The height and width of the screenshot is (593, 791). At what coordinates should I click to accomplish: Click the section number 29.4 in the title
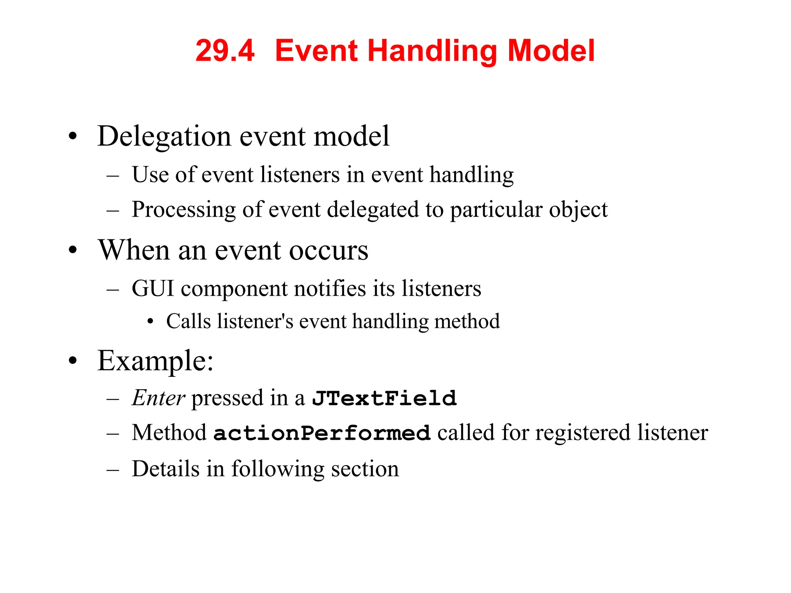coord(225,51)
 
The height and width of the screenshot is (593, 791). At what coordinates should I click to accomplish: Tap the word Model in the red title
coord(551,51)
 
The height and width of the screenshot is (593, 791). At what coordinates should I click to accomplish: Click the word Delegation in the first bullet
coord(164,137)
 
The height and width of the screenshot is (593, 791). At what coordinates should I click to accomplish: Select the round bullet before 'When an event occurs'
coord(73,250)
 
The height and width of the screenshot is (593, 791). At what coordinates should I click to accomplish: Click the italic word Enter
coord(158,398)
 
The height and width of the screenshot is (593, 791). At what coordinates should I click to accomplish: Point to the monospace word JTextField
coord(384,398)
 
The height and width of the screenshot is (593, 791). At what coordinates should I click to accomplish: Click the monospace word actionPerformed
coord(322,433)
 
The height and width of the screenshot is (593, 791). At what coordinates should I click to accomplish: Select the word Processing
coord(183,210)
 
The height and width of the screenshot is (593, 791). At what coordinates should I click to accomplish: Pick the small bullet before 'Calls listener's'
coord(151,322)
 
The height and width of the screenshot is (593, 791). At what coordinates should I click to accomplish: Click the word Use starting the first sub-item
coord(150,175)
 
